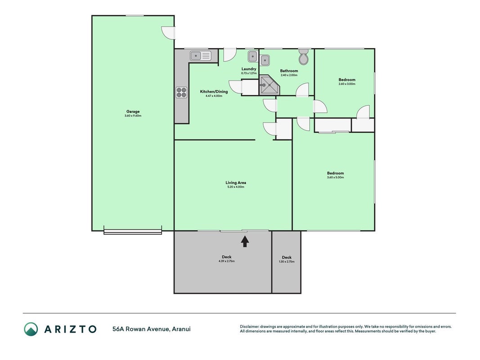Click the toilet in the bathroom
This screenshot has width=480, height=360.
304,57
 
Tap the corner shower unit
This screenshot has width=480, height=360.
269,85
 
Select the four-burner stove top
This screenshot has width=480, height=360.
182,92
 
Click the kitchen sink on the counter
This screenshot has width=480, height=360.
201,56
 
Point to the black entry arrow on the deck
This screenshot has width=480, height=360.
245,241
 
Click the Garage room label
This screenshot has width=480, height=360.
133,112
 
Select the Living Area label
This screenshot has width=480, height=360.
236,182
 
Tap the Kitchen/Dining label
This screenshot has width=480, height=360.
214,91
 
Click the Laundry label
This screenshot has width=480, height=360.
249,69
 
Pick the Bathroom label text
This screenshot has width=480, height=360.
289,71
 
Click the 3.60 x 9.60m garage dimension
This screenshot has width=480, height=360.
133,116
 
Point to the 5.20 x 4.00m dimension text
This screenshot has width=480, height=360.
236,187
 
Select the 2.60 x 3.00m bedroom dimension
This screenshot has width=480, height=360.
347,84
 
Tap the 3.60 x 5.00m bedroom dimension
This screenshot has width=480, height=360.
335,177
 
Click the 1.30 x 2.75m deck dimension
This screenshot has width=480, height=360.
287,262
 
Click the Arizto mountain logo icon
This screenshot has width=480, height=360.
31,329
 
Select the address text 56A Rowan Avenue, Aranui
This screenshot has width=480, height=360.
152,329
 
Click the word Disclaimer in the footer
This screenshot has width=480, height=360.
249,327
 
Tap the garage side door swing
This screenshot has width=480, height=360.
168,33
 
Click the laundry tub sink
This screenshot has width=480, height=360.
252,56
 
